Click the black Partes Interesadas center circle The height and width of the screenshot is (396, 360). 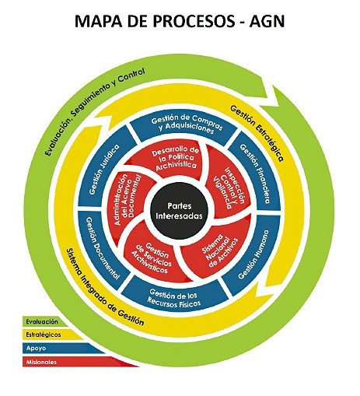pyautogui.click(x=180, y=211)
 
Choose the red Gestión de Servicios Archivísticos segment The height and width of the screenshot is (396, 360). pyautogui.click(x=153, y=260)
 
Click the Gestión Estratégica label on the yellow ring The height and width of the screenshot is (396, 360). pyautogui.click(x=257, y=133)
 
